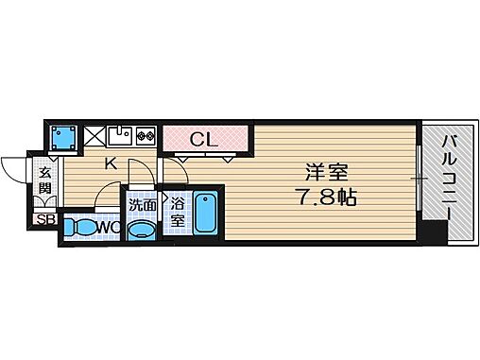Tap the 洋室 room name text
[326, 174]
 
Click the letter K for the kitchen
[111, 163]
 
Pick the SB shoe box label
[45, 220]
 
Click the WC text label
[107, 228]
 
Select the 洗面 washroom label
[143, 201]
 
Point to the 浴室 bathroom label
[177, 210]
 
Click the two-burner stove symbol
[146, 135]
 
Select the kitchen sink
[121, 134]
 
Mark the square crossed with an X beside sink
[96, 135]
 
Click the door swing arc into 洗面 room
[138, 176]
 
